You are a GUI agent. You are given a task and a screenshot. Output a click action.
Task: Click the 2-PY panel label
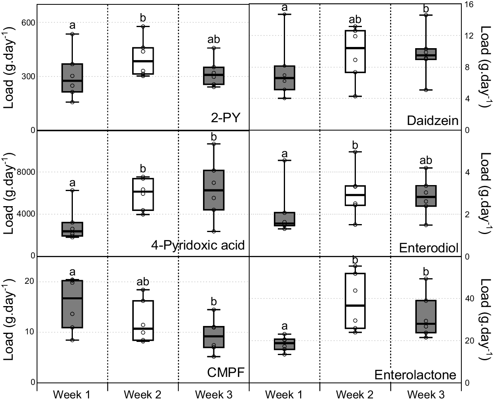226,118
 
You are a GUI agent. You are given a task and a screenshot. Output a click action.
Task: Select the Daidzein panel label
433,121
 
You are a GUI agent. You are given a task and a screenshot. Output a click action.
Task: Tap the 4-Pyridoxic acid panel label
197,245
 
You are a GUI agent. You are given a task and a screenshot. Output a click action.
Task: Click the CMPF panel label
225,373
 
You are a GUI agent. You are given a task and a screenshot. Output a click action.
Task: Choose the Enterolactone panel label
415,375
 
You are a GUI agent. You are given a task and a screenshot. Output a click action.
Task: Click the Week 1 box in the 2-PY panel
72,78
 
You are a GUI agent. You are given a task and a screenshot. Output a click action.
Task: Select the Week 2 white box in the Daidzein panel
355,51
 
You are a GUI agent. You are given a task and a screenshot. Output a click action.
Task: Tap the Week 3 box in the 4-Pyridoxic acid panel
214,190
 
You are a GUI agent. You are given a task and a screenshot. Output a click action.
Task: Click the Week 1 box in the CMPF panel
72,304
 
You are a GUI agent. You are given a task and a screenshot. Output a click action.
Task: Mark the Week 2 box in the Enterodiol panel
355,195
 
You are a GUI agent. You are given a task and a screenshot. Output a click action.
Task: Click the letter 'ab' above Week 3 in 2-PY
214,40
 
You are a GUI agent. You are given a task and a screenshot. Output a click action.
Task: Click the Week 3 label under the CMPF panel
214,394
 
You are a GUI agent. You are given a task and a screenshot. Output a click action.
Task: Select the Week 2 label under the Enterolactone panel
355,394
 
